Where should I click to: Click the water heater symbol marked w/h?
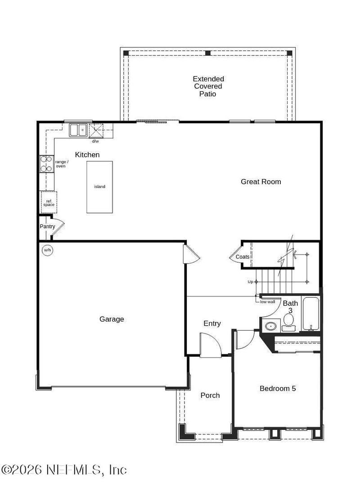[x=47, y=250]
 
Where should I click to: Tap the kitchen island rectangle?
[x=99, y=187]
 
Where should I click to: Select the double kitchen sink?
[x=77, y=130]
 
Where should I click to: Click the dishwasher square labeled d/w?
[x=95, y=131]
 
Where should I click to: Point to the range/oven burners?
[x=46, y=164]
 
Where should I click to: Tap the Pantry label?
[x=47, y=227]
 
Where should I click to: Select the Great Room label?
[x=261, y=182]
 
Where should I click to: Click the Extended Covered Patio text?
[x=208, y=86]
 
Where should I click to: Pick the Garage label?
[x=112, y=319]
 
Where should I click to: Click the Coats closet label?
[x=243, y=257]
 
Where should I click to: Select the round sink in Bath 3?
[x=270, y=326]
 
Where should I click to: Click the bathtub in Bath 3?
[x=311, y=314]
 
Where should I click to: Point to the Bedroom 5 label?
[x=278, y=389]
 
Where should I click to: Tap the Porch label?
[x=210, y=395]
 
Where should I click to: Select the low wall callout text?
[x=267, y=301]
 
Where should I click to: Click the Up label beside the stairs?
[x=250, y=282]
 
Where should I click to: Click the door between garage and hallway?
[x=191, y=255]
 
